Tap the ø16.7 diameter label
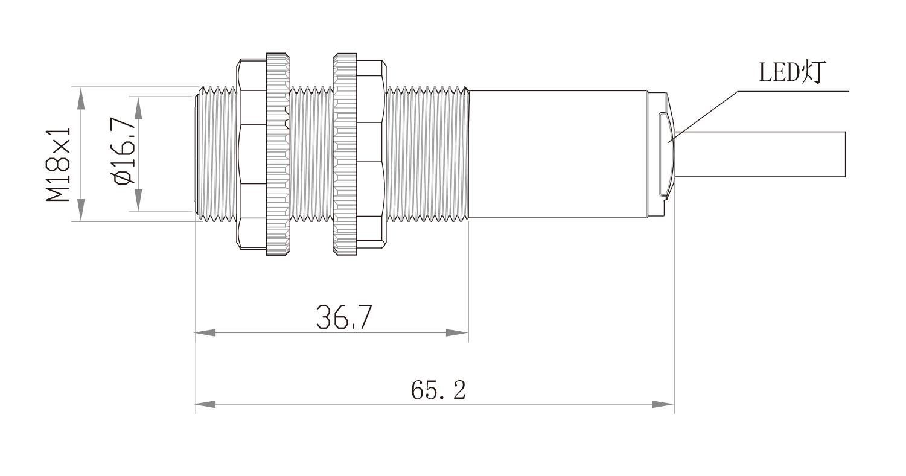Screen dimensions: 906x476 tap(124, 150)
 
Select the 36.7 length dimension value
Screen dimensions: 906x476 tap(343, 317)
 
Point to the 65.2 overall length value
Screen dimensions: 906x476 tap(438, 390)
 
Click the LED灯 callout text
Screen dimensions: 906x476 tap(792, 72)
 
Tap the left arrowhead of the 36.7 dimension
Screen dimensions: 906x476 tap(205, 333)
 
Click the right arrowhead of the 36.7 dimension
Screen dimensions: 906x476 tap(458, 333)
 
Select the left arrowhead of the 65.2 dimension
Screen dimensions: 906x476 tap(205, 404)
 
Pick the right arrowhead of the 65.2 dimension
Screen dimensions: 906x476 tap(663, 404)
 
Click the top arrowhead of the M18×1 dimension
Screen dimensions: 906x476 tap(81, 98)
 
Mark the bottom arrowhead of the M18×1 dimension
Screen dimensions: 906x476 tap(81, 211)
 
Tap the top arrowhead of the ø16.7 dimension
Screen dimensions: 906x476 tap(138, 107)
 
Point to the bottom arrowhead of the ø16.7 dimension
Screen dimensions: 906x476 tap(138, 200)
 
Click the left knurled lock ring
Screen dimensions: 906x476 tap(278, 154)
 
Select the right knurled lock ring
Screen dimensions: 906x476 tap(345, 154)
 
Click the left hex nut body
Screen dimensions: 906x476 tap(251, 154)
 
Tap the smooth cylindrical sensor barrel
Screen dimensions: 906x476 tap(558, 154)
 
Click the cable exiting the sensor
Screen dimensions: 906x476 tap(760, 154)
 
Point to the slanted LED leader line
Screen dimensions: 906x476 tap(703, 116)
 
